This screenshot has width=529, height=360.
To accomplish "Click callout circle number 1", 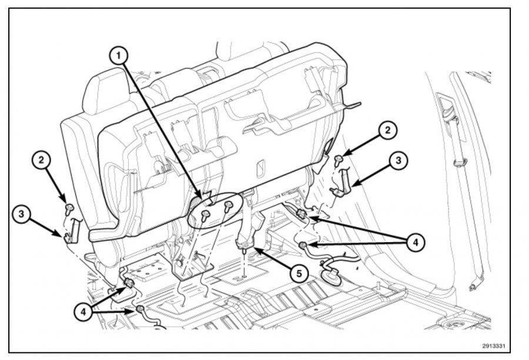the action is pyautogui.click(x=118, y=55).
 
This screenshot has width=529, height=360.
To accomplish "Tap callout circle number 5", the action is pyautogui.click(x=299, y=273).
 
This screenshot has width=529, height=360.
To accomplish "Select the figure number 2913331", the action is pyautogui.click(x=494, y=346).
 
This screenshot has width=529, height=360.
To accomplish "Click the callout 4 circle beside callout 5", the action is pyautogui.click(x=416, y=242).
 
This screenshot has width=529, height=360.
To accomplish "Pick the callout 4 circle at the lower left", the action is pyautogui.click(x=83, y=312).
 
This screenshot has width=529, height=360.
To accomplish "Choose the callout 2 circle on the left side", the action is pyautogui.click(x=41, y=160).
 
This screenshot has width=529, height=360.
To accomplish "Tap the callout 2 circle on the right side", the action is pyautogui.click(x=387, y=130).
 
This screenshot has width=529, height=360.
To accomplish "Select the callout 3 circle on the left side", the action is pyautogui.click(x=22, y=214).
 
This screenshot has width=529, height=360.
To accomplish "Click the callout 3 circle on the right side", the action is pyautogui.click(x=399, y=160).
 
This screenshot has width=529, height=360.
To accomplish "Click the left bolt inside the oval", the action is pyautogui.click(x=205, y=216).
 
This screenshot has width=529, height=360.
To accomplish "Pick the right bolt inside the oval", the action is pyautogui.click(x=229, y=206).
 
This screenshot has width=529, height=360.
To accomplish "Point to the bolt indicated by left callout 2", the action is pyautogui.click(x=69, y=208).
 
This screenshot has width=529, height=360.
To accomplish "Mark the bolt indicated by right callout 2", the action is pyautogui.click(x=339, y=160).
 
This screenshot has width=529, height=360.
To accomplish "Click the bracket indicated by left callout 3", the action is pyautogui.click(x=72, y=231).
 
